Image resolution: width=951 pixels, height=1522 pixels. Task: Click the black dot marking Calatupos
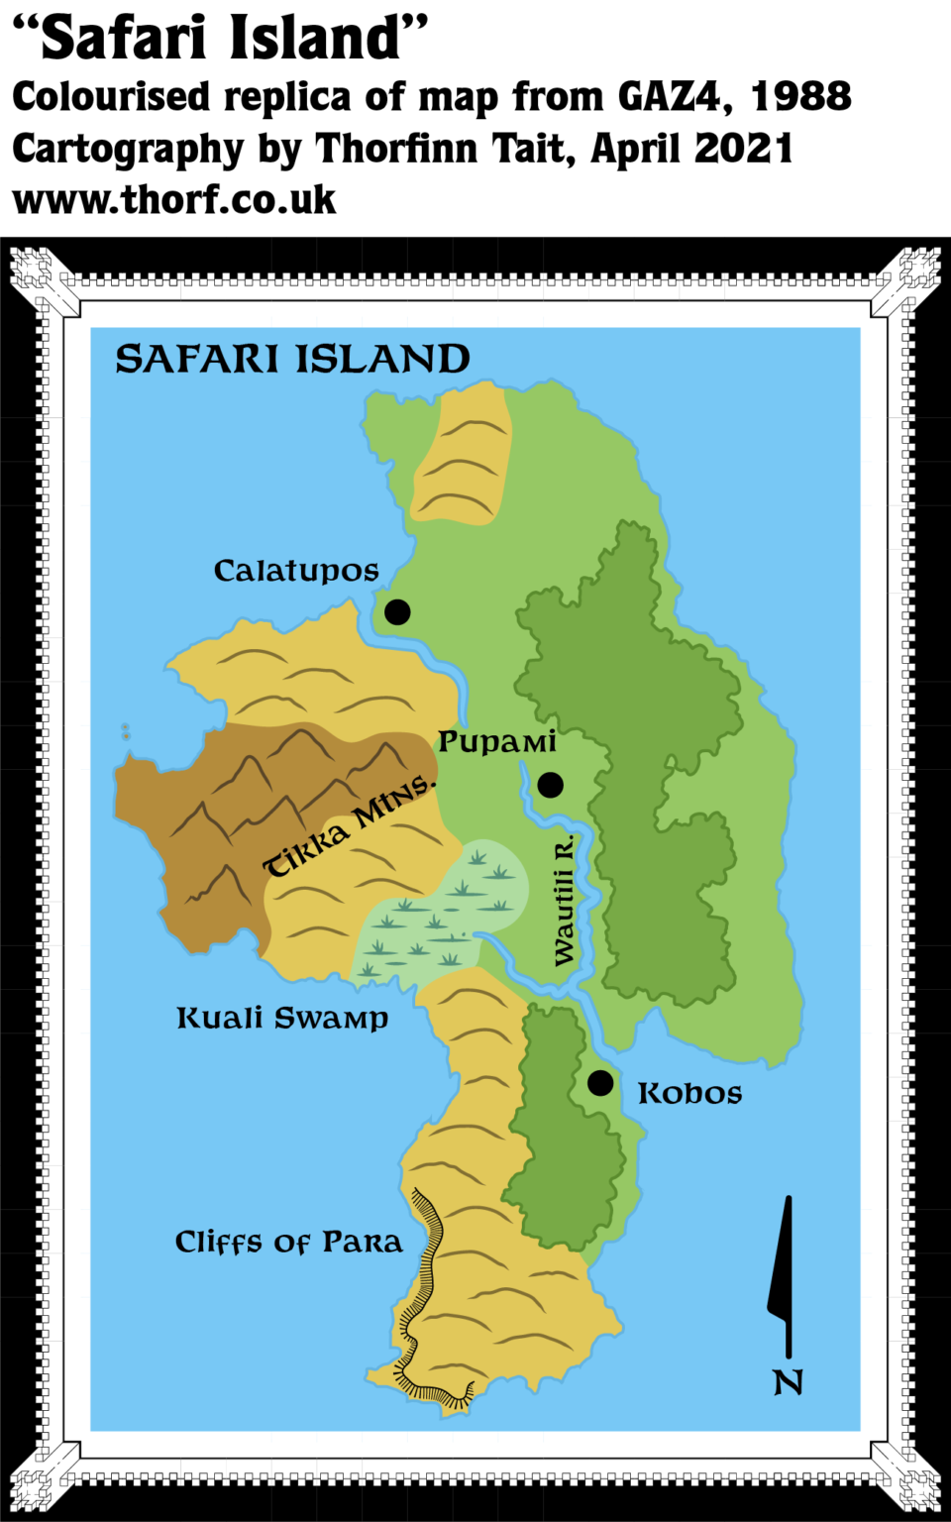(397, 612)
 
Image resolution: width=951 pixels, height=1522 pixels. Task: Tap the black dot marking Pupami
(550, 785)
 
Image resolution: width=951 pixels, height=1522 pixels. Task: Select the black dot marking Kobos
(600, 1083)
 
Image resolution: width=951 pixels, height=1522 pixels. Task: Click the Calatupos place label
(296, 571)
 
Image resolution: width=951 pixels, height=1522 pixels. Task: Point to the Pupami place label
(497, 741)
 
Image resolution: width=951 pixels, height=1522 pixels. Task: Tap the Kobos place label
(689, 1093)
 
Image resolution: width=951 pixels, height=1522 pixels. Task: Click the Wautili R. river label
(564, 901)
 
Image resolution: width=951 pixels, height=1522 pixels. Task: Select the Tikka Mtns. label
(349, 825)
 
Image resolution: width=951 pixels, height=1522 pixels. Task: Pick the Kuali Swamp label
(282, 1018)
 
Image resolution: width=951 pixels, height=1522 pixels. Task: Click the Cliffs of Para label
(288, 1242)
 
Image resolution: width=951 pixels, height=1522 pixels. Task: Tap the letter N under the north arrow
(788, 1382)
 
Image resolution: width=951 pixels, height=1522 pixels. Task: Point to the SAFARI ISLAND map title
(292, 359)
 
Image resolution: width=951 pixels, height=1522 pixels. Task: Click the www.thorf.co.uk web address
(175, 200)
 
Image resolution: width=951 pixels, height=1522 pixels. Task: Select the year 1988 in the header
(801, 97)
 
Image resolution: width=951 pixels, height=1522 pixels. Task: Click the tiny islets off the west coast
(126, 731)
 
